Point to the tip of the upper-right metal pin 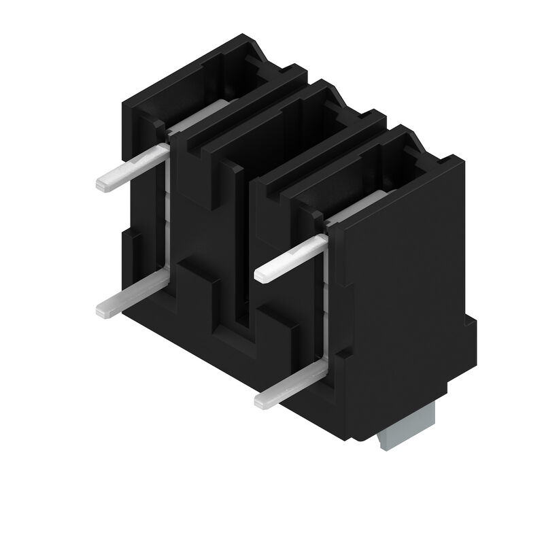coord(262,275)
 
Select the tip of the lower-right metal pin coord(262,401)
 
